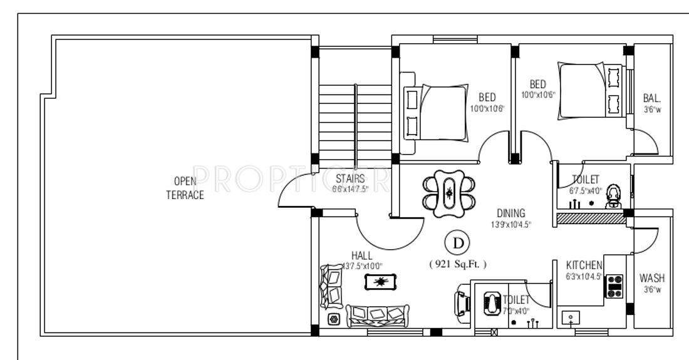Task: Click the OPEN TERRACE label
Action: pos(185,188)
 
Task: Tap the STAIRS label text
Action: pos(350,179)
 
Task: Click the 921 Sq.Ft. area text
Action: pos(458,264)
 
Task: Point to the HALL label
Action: pos(361,255)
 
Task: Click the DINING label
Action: pos(510,213)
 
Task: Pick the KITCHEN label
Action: pos(584,265)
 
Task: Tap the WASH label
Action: pos(652,278)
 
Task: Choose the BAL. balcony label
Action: pos(652,98)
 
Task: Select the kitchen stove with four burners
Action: pos(613,286)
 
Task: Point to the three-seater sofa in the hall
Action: pos(377,315)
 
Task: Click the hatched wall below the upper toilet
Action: pos(591,218)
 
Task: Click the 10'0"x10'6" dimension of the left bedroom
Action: pos(487,108)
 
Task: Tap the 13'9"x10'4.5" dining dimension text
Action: pos(510,224)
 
